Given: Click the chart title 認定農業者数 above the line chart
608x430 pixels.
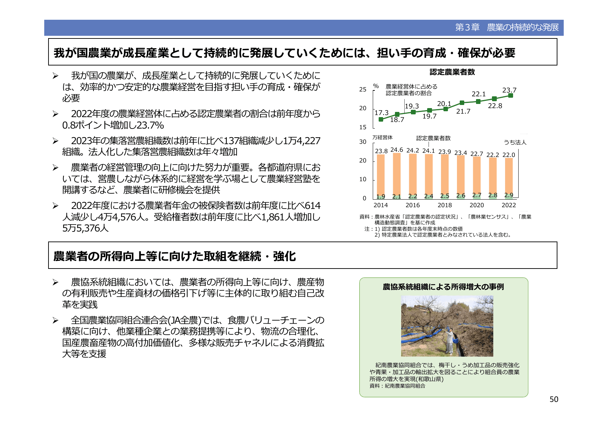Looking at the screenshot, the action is (x=452, y=72).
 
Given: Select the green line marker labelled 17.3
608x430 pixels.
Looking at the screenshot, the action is (x=381, y=119).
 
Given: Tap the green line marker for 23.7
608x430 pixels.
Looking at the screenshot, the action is (x=510, y=96).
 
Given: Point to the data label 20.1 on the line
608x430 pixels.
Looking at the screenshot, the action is (x=444, y=104).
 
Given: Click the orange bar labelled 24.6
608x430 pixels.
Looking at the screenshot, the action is (x=397, y=175).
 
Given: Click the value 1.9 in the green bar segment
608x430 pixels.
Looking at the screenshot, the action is (x=381, y=196).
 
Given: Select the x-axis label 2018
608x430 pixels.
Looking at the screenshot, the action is (x=444, y=205).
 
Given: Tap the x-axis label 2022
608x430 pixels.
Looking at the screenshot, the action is (x=509, y=205).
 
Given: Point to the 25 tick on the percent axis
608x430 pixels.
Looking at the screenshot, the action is (x=363, y=89).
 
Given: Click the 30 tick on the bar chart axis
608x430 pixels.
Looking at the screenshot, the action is (x=363, y=142).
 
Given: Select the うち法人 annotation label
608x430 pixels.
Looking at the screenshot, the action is (x=515, y=142).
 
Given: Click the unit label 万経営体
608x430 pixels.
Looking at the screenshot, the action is (x=382, y=138).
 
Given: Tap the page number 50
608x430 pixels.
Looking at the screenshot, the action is (x=554, y=400).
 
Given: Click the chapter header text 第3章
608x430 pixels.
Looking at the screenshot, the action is (x=467, y=27).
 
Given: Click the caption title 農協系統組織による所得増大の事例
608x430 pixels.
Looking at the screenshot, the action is (x=443, y=287).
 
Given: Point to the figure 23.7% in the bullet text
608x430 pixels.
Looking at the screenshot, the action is (x=150, y=125).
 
